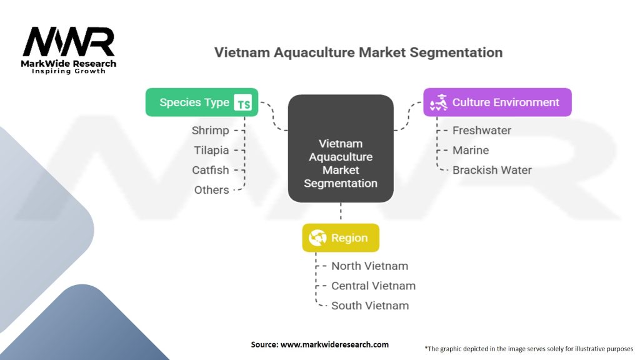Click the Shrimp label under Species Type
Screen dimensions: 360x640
pyautogui.click(x=210, y=131)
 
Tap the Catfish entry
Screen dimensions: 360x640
pyautogui.click(x=210, y=170)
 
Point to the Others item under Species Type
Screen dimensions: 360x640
pyautogui.click(x=211, y=190)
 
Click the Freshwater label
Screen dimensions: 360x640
pyautogui.click(x=482, y=131)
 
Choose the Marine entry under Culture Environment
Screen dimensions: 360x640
pyautogui.click(x=471, y=151)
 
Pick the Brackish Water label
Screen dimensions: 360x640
pyautogui.click(x=492, y=170)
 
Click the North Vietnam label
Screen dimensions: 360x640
pyautogui.click(x=369, y=266)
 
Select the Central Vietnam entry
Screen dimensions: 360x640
pyautogui.click(x=373, y=286)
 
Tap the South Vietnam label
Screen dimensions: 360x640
pyautogui.click(x=370, y=306)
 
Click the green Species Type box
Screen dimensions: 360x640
pyautogui.click(x=202, y=102)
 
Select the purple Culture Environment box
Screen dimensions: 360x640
pyautogui.click(x=497, y=102)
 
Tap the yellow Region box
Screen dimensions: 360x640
pyautogui.click(x=341, y=238)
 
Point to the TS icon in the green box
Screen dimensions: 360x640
pyautogui.click(x=243, y=103)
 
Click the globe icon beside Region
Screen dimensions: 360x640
pyautogui.click(x=317, y=238)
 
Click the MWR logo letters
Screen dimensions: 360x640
pyautogui.click(x=69, y=42)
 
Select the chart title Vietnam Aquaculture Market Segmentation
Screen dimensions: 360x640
pyautogui.click(x=358, y=52)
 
